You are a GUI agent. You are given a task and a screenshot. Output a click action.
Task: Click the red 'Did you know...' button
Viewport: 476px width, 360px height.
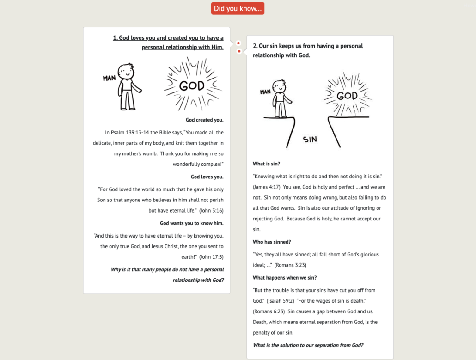[x=238, y=8]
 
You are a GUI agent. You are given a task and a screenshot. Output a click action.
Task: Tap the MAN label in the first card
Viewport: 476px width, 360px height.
[x=109, y=78]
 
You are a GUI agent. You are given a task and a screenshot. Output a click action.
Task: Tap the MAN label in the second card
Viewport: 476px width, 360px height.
[x=265, y=92]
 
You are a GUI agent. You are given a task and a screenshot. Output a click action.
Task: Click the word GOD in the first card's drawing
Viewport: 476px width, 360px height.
[x=192, y=85]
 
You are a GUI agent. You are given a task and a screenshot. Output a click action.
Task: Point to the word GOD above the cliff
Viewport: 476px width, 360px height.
[x=347, y=96]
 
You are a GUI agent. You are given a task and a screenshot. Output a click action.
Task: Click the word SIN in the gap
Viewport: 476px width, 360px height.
[x=310, y=139]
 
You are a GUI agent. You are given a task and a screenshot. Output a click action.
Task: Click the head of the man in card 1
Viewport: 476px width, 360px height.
[x=126, y=72]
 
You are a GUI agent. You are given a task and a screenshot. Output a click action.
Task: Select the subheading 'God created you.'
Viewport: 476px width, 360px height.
[x=204, y=120]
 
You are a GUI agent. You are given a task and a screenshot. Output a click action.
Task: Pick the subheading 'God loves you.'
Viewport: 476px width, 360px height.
[x=207, y=177]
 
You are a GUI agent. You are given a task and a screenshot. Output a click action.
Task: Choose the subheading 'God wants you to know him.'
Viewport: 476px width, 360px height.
[x=192, y=223]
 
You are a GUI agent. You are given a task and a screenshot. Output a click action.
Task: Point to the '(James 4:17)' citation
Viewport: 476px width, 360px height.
[x=267, y=187]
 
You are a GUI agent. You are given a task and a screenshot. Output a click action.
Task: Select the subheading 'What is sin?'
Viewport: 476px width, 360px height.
[x=266, y=164]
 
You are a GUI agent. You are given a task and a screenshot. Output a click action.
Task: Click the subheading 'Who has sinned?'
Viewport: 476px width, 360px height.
[x=272, y=242]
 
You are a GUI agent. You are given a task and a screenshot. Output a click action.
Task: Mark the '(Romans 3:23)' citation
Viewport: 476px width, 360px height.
[x=290, y=265]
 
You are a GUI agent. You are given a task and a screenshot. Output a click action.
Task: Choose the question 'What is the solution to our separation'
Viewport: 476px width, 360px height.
[x=308, y=345]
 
